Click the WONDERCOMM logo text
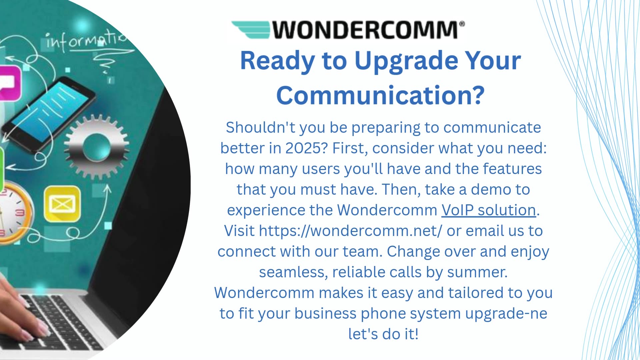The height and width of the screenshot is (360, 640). pos(365,30)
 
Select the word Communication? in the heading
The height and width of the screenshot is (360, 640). pos(380,96)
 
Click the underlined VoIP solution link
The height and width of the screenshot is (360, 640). pos(488,210)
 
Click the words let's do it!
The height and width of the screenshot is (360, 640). pos(383,334)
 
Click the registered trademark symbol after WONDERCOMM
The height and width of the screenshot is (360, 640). pos(462,24)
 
